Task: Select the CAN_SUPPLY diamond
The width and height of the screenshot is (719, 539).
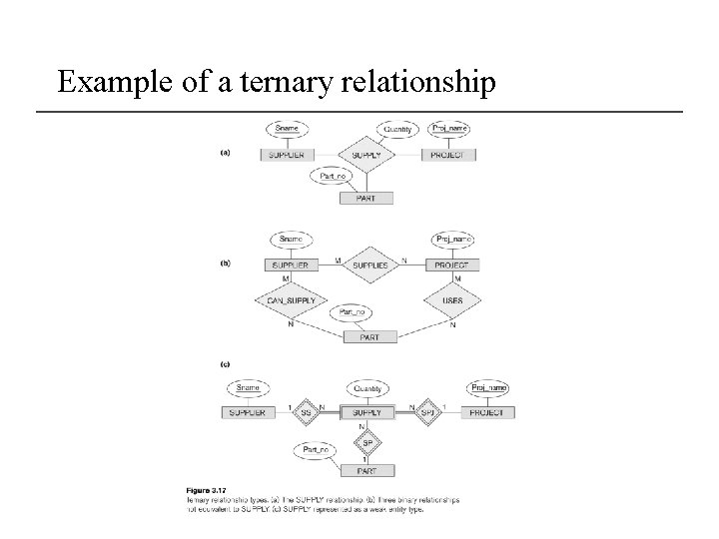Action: (x=291, y=299)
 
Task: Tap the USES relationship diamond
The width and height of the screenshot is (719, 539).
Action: (x=452, y=299)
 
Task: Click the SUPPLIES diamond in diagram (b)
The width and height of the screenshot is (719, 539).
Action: (x=370, y=266)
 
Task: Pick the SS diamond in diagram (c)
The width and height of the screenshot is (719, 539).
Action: (x=306, y=411)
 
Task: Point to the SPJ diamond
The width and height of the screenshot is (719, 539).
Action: (x=427, y=411)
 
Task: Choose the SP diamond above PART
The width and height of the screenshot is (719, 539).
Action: (x=367, y=442)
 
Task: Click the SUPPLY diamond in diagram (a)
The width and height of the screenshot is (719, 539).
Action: (x=367, y=155)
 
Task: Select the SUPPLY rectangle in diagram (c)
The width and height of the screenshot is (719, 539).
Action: (x=367, y=411)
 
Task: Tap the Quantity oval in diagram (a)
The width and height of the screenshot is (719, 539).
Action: (x=397, y=129)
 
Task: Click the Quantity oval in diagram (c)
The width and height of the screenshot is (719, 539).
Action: (x=367, y=388)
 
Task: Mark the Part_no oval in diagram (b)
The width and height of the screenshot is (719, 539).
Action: (x=354, y=312)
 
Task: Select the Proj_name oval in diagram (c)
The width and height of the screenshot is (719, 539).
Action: (x=488, y=388)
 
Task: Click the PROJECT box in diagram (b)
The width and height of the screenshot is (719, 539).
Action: (x=452, y=266)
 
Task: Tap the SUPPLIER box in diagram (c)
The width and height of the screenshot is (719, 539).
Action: (x=247, y=411)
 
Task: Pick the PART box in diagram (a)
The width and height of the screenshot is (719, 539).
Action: (x=367, y=199)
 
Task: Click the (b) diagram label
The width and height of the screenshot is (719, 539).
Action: (x=225, y=264)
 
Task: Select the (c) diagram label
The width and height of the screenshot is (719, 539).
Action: (x=225, y=363)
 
